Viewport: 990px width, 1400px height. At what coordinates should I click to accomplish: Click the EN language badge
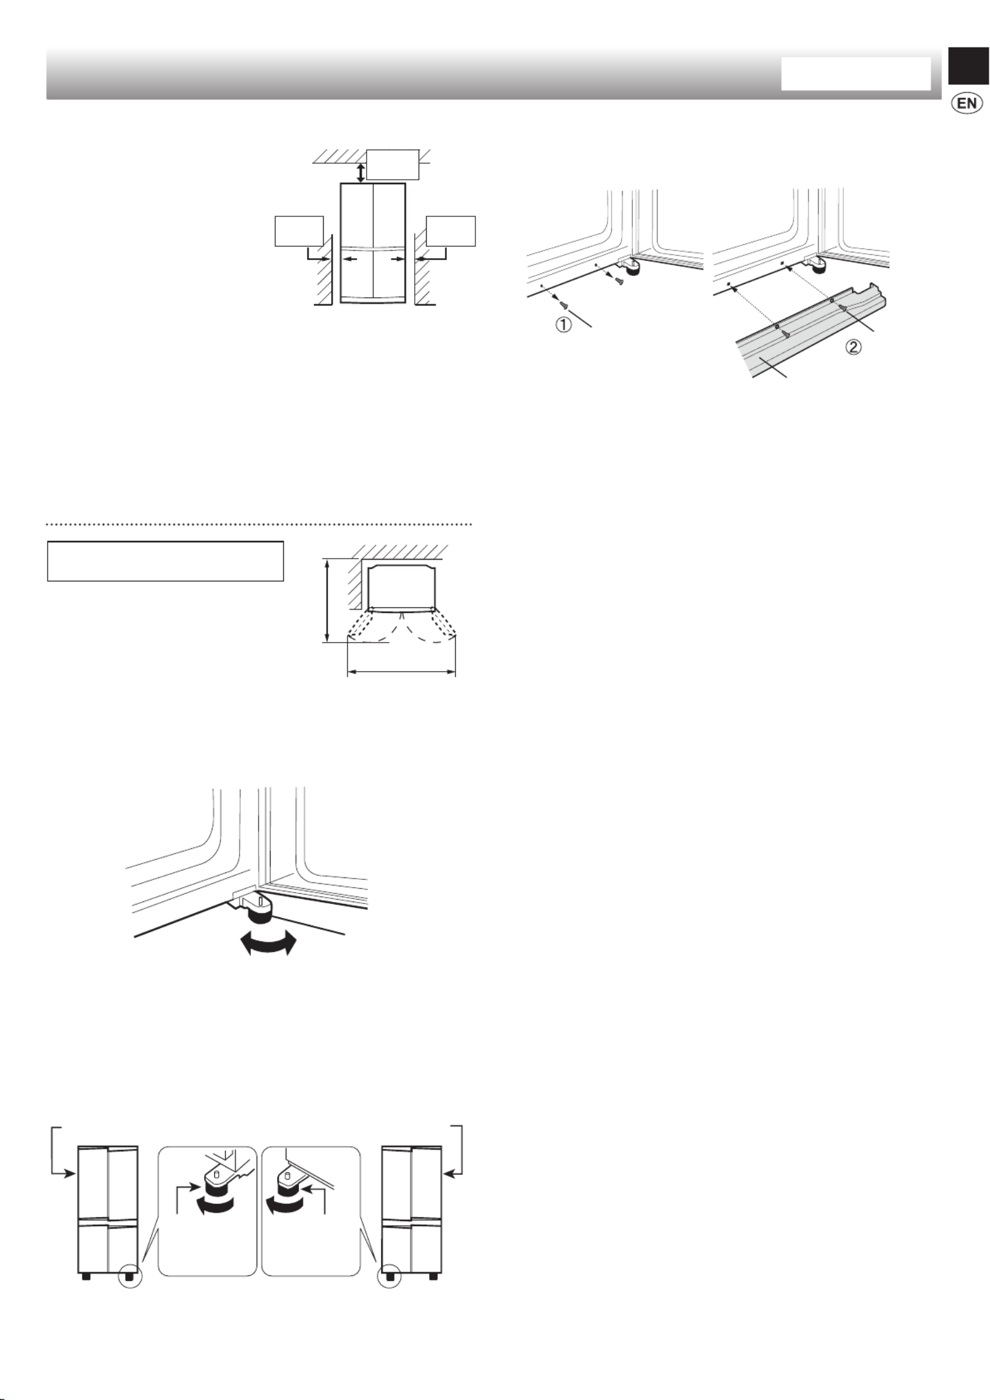[x=966, y=103]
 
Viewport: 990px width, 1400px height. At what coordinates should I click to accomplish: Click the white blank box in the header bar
[x=855, y=74]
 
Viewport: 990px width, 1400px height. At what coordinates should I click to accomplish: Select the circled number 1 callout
[x=563, y=325]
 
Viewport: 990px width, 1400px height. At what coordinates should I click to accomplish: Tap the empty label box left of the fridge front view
[x=299, y=231]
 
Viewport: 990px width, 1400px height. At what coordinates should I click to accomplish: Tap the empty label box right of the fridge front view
[x=451, y=231]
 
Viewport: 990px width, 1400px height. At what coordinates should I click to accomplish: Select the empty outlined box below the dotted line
[x=165, y=561]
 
